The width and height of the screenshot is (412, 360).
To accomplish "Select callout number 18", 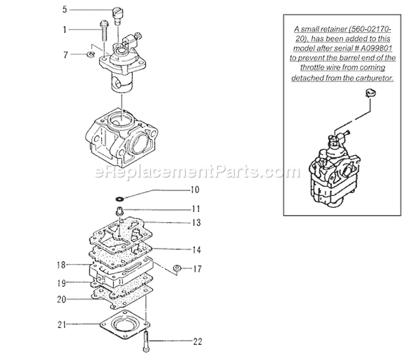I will click(60, 265).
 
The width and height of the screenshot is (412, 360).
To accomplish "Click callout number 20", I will click(60, 300).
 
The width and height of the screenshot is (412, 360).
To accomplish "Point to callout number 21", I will click(60, 325).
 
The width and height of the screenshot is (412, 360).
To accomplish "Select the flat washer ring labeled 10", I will click(120, 197).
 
